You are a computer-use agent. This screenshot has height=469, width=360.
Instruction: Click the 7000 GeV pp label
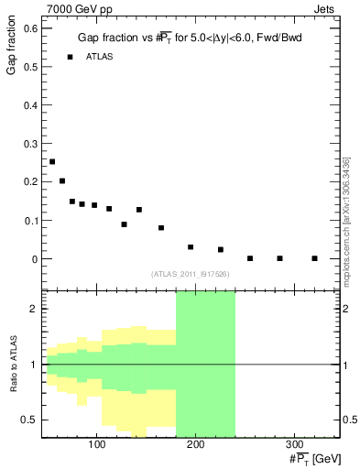click(x=78, y=9)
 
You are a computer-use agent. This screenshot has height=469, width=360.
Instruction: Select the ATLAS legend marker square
click(x=70, y=57)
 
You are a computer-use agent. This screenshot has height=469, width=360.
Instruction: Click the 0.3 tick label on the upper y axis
click(x=29, y=144)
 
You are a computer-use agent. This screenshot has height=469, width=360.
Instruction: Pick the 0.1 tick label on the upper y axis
click(x=29, y=221)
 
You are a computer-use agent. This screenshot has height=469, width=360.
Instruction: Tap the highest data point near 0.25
click(x=52, y=161)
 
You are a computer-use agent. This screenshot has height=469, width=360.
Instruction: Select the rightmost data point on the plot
click(x=314, y=258)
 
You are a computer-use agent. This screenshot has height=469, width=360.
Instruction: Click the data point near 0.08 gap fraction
click(x=161, y=228)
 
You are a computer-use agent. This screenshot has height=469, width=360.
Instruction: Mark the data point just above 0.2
click(x=62, y=181)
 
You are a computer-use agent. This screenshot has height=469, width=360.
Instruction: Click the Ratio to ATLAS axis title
click(x=13, y=365)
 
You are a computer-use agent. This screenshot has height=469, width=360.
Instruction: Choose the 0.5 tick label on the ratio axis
click(x=29, y=420)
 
